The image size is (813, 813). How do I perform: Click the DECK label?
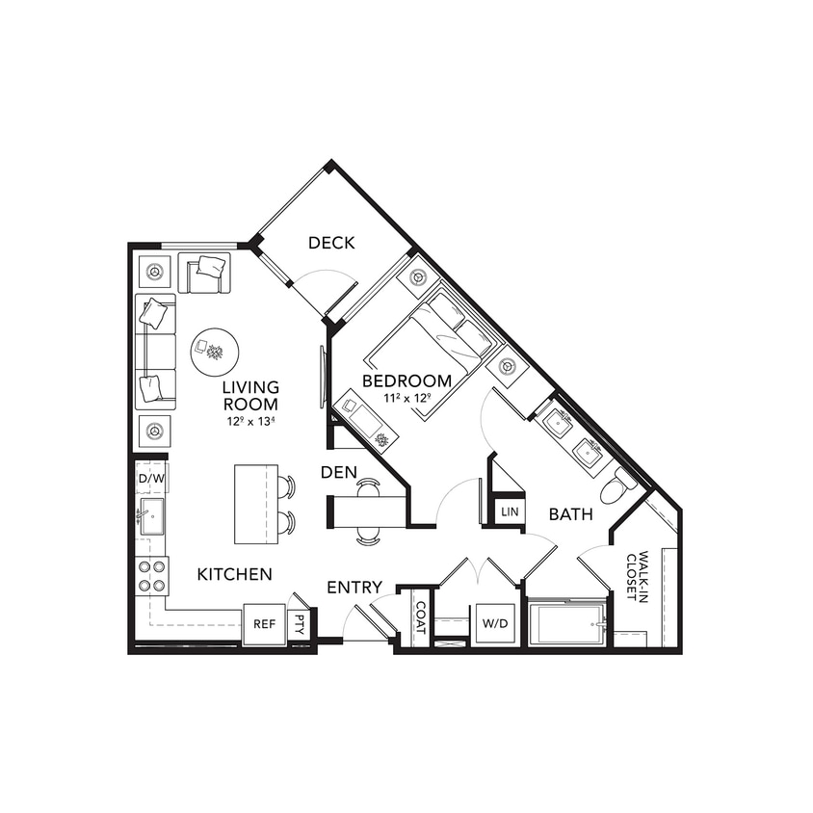pos(331,243)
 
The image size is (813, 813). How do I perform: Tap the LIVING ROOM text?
pos(249,396)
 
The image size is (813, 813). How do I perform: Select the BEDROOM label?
pos(406,381)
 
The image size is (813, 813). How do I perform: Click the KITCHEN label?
pos(234,574)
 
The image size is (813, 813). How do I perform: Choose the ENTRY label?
pos(354,587)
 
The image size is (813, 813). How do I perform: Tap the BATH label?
pos(570,514)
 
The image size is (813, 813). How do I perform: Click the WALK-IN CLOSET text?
pos(638,576)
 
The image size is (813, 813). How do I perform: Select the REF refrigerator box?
pos(264,624)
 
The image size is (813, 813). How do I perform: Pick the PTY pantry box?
pos(301,623)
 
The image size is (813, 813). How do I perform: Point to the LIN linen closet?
pos(510,511)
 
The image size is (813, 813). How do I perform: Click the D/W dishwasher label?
pos(150,478)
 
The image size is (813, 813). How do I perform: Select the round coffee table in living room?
pos(214,352)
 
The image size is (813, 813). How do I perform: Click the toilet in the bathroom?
pos(616,488)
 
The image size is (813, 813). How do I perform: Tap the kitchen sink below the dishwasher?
pos(151,516)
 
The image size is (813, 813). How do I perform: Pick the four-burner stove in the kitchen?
pos(151,576)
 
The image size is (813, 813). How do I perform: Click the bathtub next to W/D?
pos(567,624)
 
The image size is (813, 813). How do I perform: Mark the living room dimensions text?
pos(249,420)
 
